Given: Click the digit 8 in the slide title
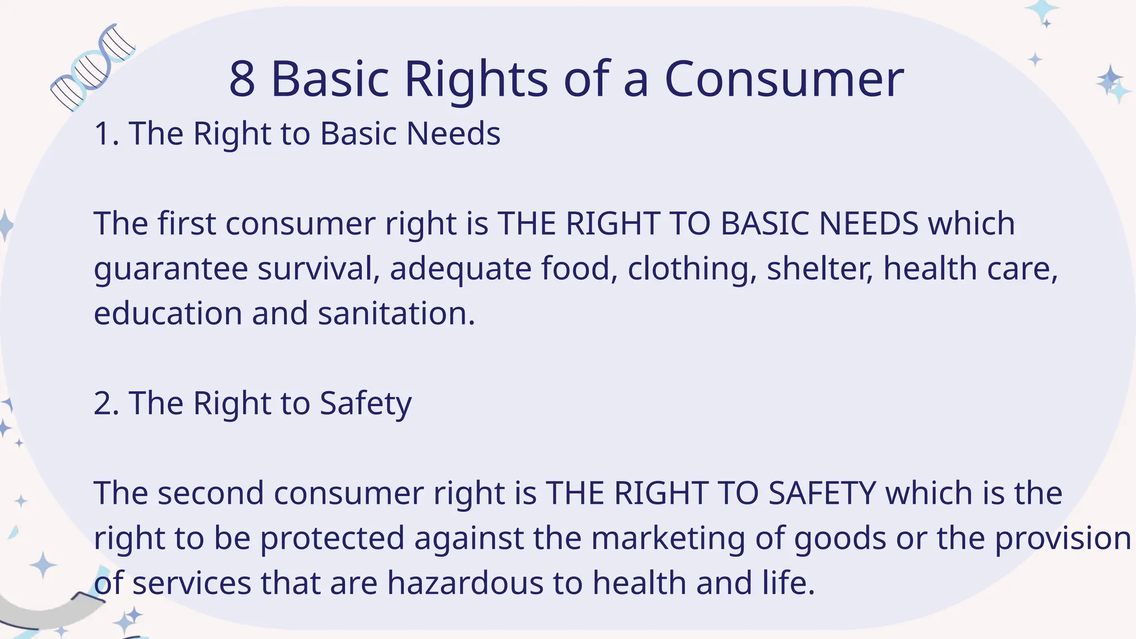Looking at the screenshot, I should point(242,79).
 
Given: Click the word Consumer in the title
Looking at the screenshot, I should point(784,79).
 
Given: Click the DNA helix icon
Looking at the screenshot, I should point(92,67).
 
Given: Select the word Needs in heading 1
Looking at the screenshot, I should point(453,134).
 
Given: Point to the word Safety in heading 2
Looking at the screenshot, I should point(366,403).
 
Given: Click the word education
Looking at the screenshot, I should point(168,314).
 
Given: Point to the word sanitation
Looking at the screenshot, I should point(396,314).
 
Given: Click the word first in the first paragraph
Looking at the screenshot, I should point(186,224).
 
